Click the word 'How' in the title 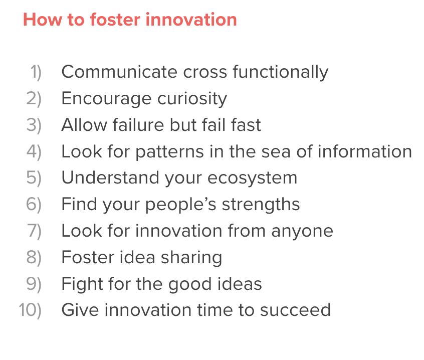[x=43, y=20]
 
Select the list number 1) [x=36, y=72]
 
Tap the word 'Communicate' [x=119, y=72]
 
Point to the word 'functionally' [x=281, y=73]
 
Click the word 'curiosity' [x=192, y=99]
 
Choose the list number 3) [x=34, y=125]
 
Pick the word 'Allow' [x=84, y=125]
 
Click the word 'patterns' [x=169, y=152]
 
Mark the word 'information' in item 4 [x=365, y=151]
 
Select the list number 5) [x=34, y=178]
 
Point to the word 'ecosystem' [x=252, y=178]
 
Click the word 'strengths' [x=261, y=204]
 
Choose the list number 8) [x=34, y=257]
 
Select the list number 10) [x=30, y=310]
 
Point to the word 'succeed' [x=295, y=310]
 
